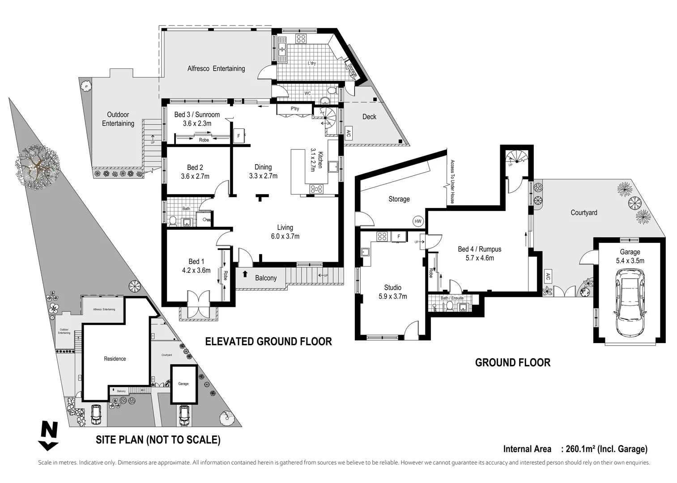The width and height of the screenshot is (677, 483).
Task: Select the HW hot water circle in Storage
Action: (x=418, y=221)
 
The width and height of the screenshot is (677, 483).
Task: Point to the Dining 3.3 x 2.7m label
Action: (x=263, y=172)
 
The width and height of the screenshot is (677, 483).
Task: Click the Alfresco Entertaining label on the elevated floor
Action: (x=216, y=68)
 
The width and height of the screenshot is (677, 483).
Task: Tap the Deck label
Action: (x=369, y=117)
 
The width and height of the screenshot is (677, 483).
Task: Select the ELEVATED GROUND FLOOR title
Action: (x=268, y=342)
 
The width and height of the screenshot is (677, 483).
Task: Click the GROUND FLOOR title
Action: (x=512, y=362)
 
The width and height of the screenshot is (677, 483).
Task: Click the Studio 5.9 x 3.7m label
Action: (x=392, y=292)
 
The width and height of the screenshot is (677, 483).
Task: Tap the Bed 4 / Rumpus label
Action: (x=479, y=254)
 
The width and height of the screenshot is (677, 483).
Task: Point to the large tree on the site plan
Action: (x=38, y=163)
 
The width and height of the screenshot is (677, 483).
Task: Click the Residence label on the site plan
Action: (x=115, y=359)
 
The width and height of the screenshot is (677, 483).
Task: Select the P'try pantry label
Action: (x=294, y=109)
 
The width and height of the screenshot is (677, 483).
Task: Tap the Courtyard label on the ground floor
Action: (x=583, y=213)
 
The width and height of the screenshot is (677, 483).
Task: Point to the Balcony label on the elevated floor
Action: (x=266, y=278)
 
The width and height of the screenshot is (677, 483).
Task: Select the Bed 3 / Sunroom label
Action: (x=197, y=119)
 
